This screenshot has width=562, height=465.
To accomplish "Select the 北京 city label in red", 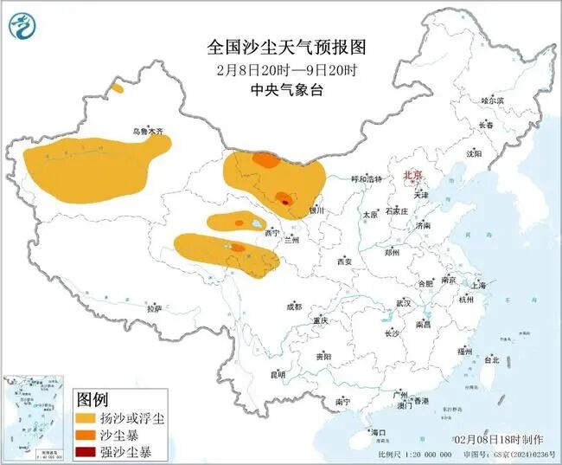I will pyautogui.click(x=412, y=176).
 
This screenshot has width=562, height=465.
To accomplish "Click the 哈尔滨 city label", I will pyautogui.click(x=492, y=101).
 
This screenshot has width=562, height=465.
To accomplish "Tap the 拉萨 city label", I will pyautogui.click(x=155, y=307).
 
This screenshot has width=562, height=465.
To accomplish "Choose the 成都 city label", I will pyautogui.click(x=294, y=307).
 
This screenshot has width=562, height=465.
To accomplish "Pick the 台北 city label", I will pyautogui.click(x=491, y=359).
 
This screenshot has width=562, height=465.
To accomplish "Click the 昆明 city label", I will pyautogui.click(x=278, y=374).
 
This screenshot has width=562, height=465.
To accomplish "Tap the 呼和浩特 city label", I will pyautogui.click(x=366, y=179).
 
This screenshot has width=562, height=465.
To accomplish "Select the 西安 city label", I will pyautogui.click(x=345, y=261).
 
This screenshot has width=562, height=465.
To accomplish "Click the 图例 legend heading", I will pyautogui.click(x=93, y=400).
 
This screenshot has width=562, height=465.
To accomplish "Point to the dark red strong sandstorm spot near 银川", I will pyautogui.click(x=285, y=202).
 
